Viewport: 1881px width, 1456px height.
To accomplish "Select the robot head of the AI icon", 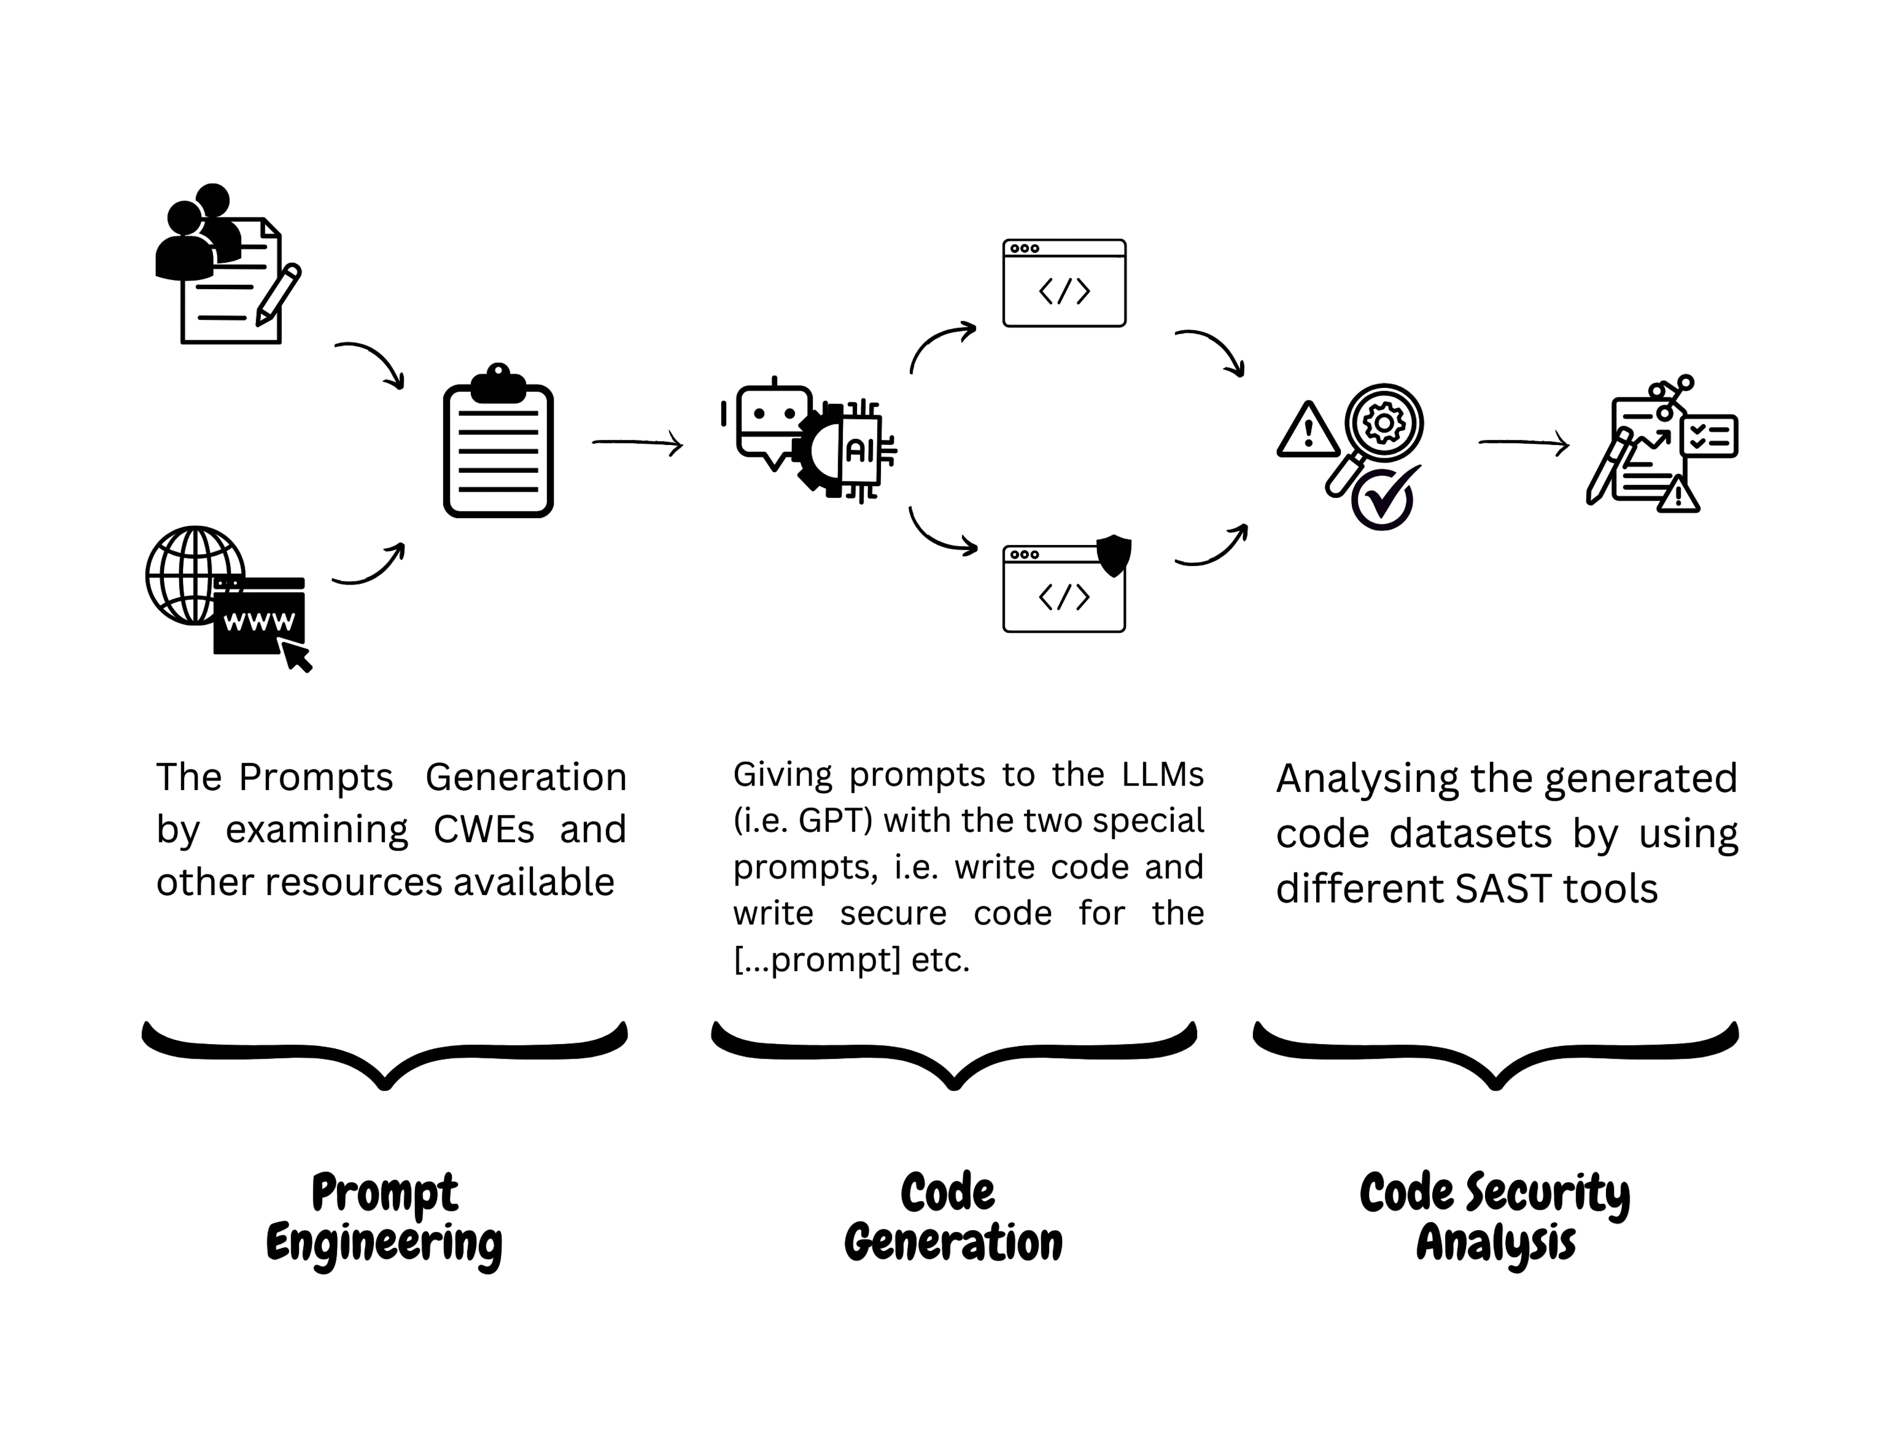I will point(772,420).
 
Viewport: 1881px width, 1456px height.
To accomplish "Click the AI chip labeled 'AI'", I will point(859,449).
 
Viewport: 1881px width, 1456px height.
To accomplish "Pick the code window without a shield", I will point(1064,283).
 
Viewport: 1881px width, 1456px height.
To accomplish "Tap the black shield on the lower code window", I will point(1114,556).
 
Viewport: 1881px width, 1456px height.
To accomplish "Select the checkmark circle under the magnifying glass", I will point(1383,498).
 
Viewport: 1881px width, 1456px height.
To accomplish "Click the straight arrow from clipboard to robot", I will point(637,443).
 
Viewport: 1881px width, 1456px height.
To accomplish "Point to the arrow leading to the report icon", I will point(1522,443).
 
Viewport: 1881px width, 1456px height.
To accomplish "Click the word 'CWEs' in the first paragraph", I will point(483,830).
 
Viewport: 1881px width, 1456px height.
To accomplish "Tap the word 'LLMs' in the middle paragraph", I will point(1162,775).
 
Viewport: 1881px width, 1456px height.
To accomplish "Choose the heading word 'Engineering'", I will point(384,1244).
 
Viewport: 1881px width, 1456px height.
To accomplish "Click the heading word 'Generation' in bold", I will point(953,1244).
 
